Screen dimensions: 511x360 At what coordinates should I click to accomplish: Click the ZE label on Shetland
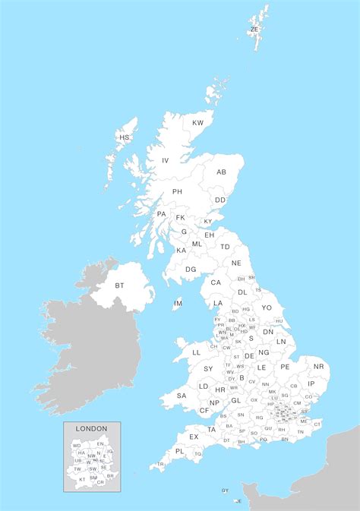(x=254, y=30)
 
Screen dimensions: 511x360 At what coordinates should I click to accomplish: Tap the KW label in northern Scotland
(x=197, y=122)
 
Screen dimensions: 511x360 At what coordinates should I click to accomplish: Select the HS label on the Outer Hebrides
(x=125, y=137)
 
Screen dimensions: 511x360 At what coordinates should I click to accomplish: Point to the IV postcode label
(x=165, y=160)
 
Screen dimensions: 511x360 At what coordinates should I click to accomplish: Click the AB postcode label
(x=221, y=172)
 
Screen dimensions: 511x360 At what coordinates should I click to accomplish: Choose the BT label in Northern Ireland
(x=119, y=285)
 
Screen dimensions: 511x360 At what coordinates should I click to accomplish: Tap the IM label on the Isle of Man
(x=178, y=304)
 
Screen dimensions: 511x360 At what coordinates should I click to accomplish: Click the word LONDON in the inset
(x=91, y=429)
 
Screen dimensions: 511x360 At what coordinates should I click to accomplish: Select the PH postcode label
(x=178, y=191)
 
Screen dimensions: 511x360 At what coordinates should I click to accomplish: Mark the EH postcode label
(x=209, y=235)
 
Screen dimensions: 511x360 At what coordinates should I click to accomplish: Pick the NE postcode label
(x=236, y=263)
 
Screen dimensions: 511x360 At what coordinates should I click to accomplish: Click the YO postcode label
(x=267, y=308)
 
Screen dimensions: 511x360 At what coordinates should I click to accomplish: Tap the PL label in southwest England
(x=179, y=451)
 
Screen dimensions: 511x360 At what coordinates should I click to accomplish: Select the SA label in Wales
(x=182, y=396)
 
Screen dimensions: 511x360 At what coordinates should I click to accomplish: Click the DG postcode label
(x=191, y=269)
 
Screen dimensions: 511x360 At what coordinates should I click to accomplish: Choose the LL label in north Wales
(x=196, y=352)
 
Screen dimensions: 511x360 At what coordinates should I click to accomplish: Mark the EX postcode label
(x=194, y=437)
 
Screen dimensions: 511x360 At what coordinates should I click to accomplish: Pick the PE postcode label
(x=285, y=367)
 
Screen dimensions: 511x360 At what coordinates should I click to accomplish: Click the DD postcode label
(x=219, y=200)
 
